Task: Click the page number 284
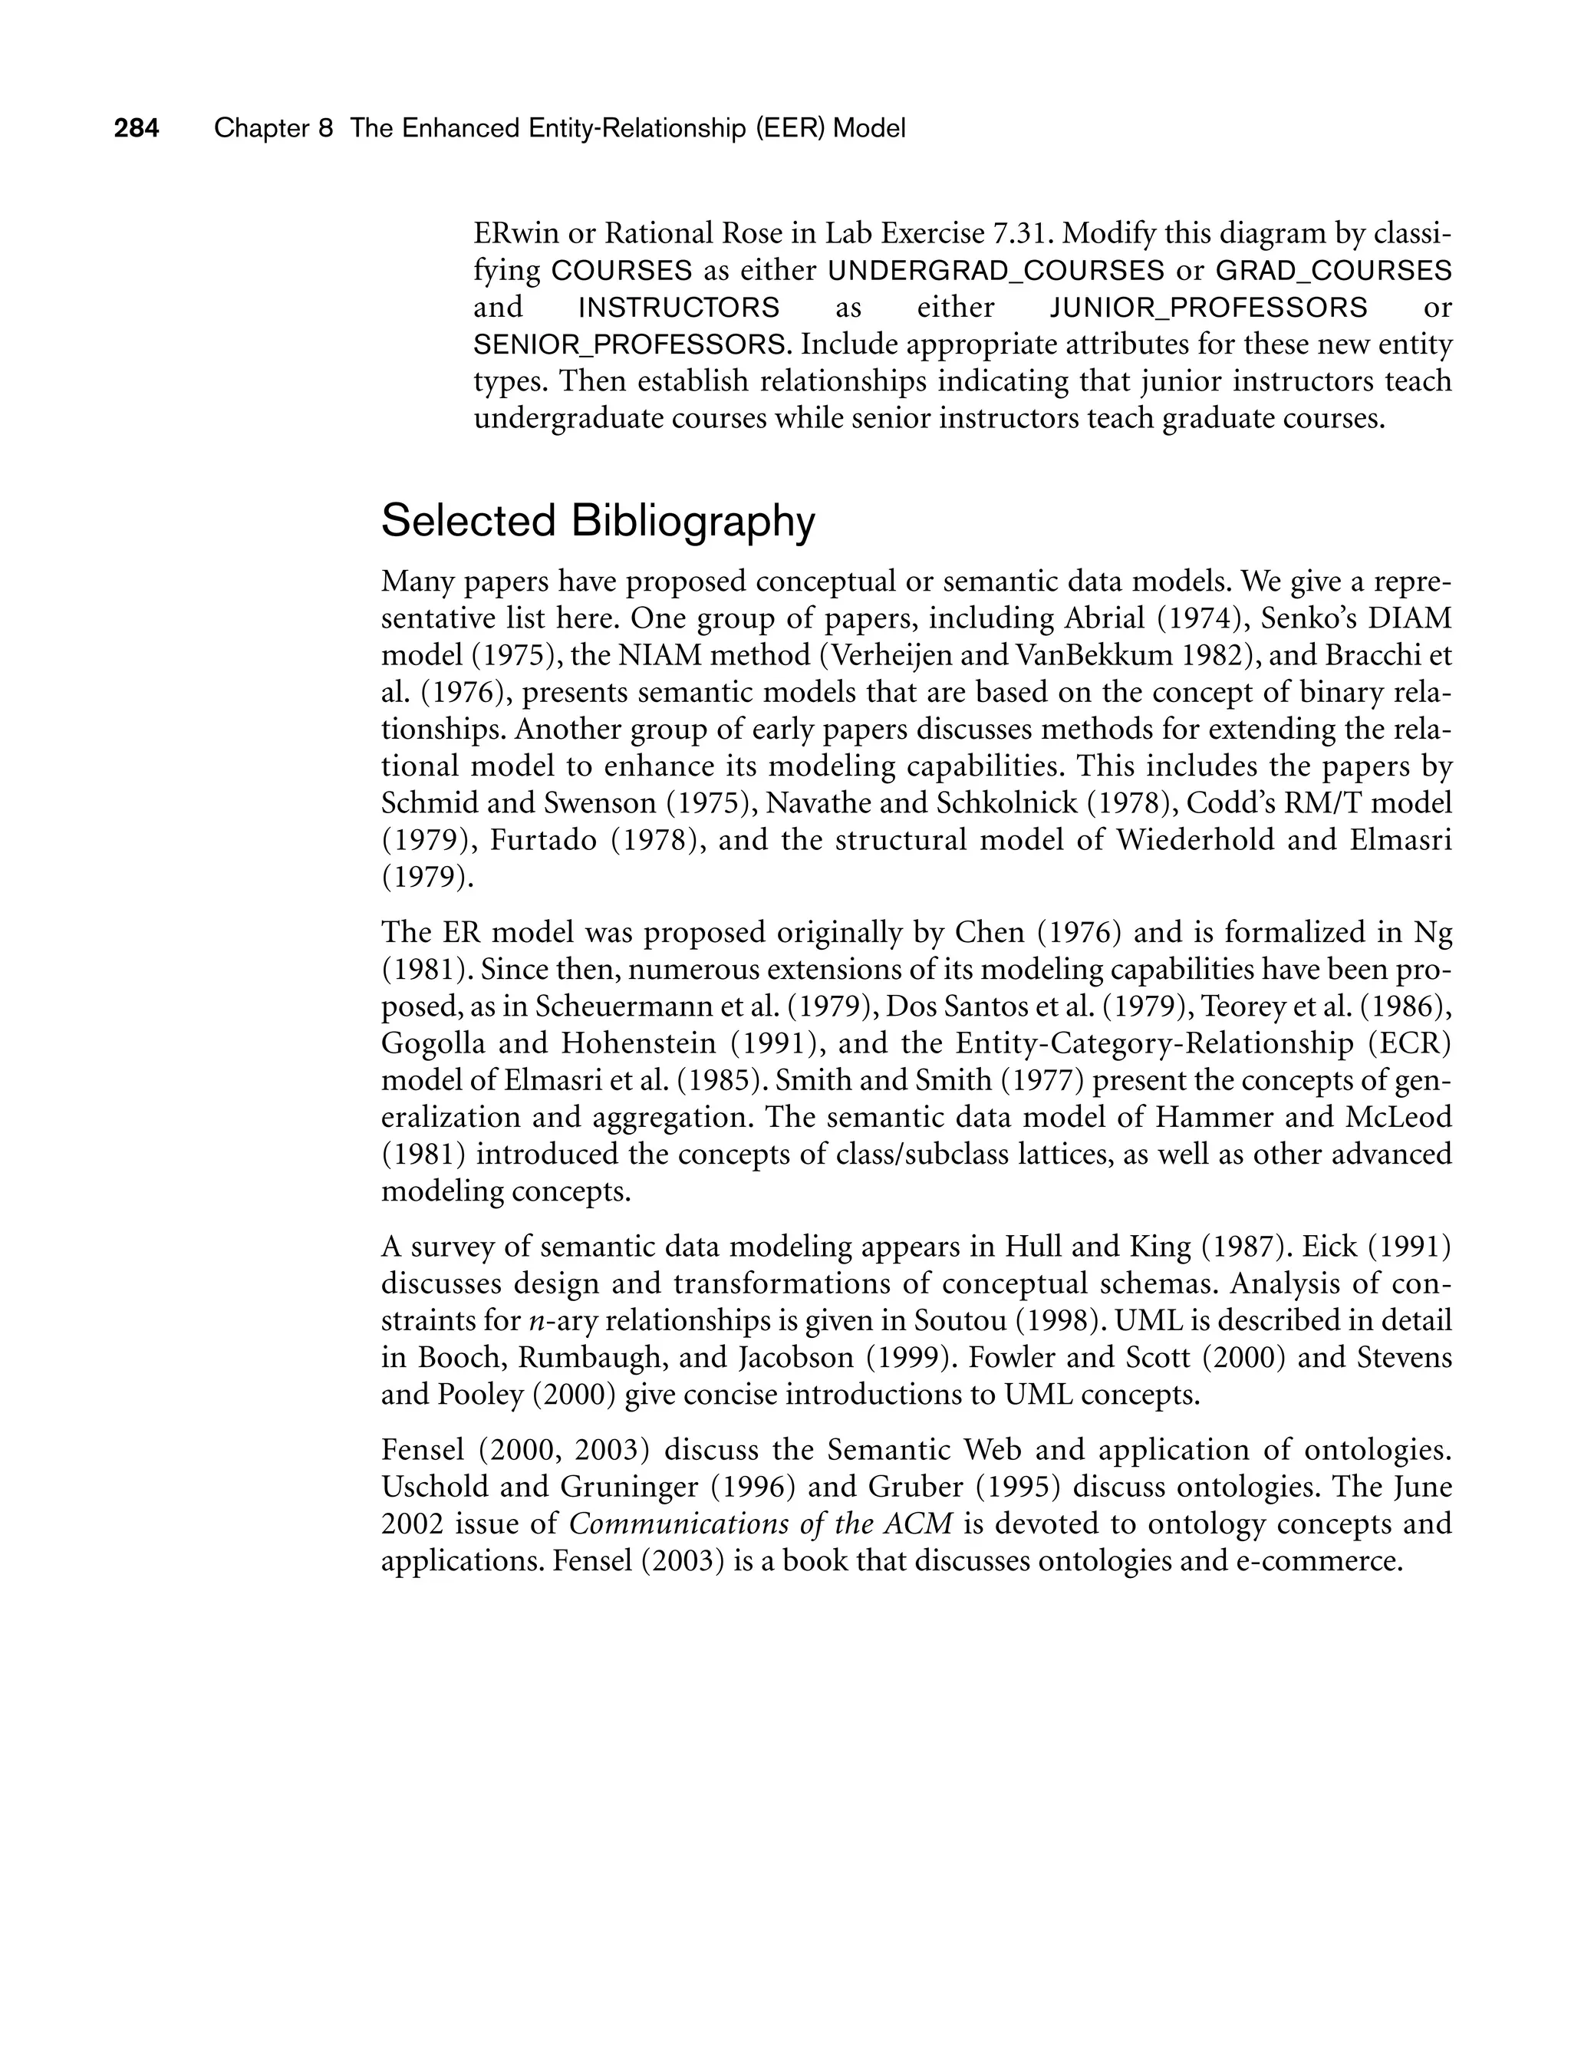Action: [137, 128]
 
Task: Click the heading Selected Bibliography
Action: [598, 521]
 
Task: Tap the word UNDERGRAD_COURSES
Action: [996, 271]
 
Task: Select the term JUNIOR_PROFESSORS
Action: [1208, 308]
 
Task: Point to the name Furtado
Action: [543, 841]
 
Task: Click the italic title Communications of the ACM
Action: [760, 1524]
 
